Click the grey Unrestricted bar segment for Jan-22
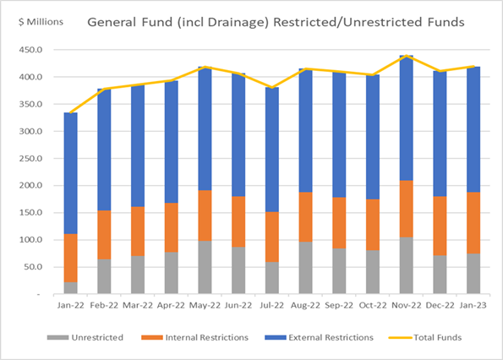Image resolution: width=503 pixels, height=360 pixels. click(x=70, y=288)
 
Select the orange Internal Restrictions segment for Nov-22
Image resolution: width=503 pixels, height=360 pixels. click(x=406, y=209)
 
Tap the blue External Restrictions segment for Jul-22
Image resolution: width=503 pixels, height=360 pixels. click(x=272, y=150)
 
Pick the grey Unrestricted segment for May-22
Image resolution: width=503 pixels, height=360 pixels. click(x=205, y=267)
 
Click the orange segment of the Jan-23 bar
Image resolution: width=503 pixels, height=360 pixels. click(x=473, y=223)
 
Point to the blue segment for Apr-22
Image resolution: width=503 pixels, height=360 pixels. click(x=172, y=142)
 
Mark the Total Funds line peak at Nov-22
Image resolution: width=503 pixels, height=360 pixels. click(x=406, y=56)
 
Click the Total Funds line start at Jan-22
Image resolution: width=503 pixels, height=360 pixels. click(x=70, y=112)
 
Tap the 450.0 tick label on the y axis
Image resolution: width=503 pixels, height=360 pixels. click(x=30, y=50)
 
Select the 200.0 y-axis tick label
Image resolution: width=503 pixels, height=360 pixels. click(x=30, y=185)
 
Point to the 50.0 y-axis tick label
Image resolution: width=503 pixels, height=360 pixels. click(x=33, y=267)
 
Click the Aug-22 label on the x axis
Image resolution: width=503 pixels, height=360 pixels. click(x=305, y=305)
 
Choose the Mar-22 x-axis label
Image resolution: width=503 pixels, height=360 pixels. click(x=138, y=305)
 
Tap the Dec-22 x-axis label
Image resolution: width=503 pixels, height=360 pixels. click(x=440, y=305)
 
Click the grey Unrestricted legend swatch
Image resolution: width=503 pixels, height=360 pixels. click(x=57, y=337)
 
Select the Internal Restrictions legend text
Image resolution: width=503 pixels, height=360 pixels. click(x=207, y=337)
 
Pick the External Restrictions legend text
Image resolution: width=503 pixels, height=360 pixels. click(x=331, y=337)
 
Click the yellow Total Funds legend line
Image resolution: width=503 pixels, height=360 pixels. click(x=400, y=337)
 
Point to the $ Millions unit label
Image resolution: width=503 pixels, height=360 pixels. click(x=41, y=22)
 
